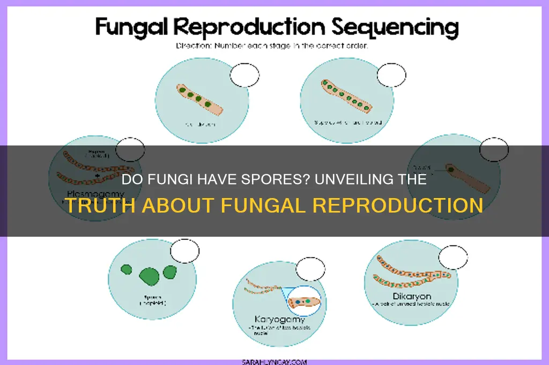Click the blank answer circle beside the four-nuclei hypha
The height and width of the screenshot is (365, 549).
click(244, 76)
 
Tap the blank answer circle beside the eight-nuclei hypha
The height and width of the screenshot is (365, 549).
click(391, 75)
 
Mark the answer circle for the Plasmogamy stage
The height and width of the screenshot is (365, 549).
click(130, 150)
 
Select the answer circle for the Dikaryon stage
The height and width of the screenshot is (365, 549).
click(453, 257)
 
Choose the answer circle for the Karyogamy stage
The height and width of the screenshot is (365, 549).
click(310, 268)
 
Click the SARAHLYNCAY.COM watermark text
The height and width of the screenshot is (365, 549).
click(274, 362)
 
